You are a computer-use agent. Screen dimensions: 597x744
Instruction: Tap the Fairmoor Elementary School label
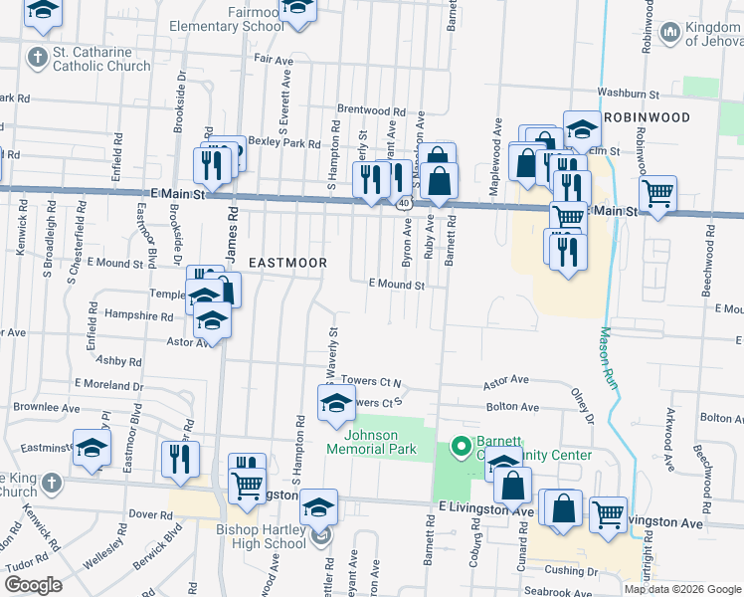click(x=227, y=19)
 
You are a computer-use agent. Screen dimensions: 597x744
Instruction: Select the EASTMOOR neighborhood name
click(x=287, y=262)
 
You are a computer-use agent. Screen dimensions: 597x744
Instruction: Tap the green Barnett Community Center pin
click(x=460, y=448)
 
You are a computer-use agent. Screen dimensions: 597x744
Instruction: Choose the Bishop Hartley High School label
click(x=261, y=536)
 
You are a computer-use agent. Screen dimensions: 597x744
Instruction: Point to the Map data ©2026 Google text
click(x=682, y=589)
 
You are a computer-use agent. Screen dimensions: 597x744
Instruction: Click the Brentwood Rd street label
click(x=372, y=111)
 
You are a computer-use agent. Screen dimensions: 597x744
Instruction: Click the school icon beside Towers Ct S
click(x=335, y=403)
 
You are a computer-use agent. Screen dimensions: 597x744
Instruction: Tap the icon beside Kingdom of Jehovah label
click(x=669, y=33)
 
